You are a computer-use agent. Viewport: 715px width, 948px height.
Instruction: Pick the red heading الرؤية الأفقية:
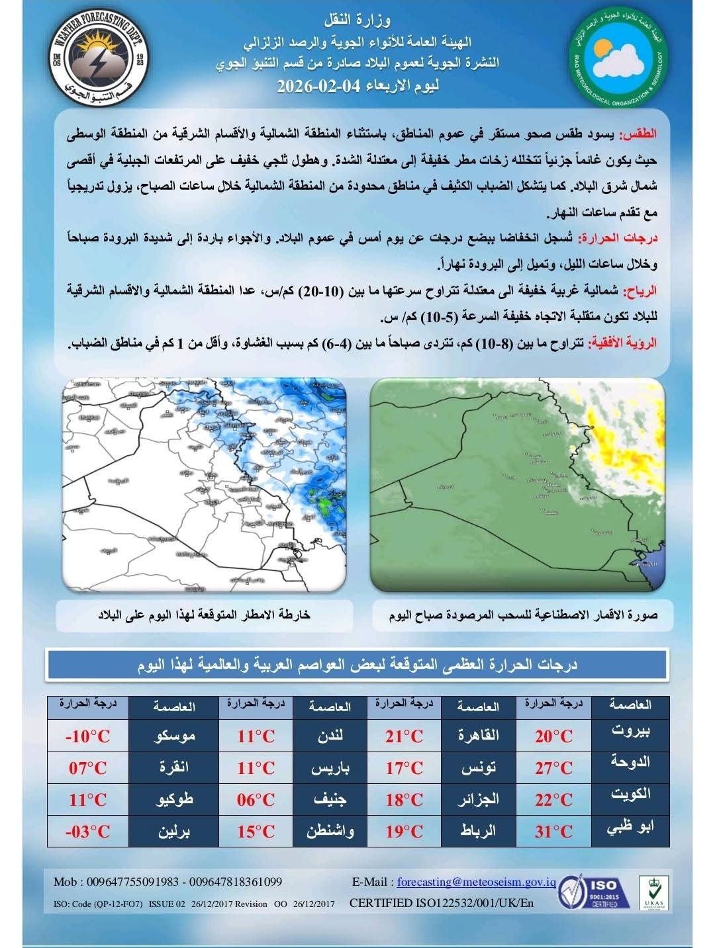point(626,343)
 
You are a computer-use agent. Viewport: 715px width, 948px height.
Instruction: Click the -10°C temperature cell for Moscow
point(87,736)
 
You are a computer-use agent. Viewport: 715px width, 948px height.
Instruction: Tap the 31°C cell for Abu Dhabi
point(553,831)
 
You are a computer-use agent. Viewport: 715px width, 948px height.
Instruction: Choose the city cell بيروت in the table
point(630,732)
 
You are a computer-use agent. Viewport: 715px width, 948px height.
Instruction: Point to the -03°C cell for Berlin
point(87,831)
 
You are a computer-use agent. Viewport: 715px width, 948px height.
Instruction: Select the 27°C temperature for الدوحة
point(553,767)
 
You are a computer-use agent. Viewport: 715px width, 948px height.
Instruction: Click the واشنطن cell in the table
point(330,831)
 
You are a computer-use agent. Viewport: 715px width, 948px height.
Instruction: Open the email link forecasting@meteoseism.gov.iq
point(476,882)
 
